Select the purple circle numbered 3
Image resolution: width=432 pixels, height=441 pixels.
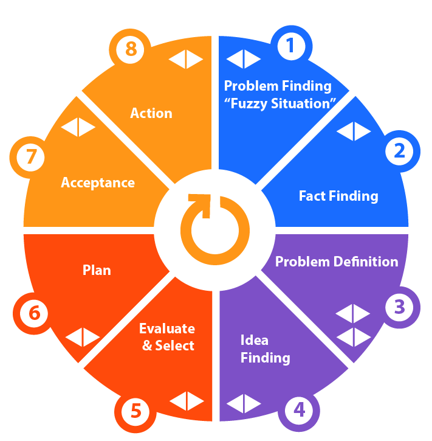pos(399,307)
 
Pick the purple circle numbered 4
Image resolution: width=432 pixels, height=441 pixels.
pos(300,409)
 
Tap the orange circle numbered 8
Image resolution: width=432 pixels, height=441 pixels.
pos(131,49)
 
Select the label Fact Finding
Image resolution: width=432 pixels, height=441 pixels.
pos(338,196)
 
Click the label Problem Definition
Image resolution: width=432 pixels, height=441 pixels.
pos(337,262)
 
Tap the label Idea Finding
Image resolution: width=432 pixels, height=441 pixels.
pos(265,349)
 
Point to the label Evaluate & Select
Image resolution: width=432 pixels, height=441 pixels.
pos(167,337)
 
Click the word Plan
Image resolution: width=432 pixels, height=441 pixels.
pos(97,269)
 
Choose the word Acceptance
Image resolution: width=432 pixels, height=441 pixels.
pos(98,182)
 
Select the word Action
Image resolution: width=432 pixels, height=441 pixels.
pos(151,113)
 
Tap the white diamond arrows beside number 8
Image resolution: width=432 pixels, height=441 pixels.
pos(186,59)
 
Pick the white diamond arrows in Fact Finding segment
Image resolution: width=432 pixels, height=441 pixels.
pos(353,131)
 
